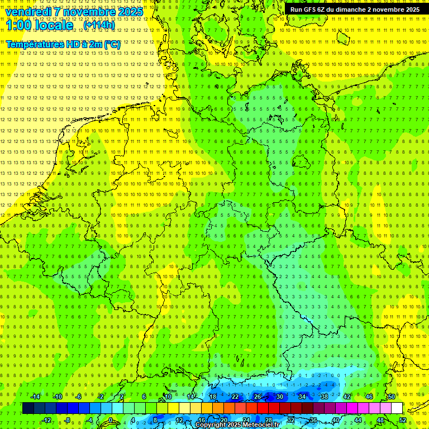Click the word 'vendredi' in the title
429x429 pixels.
click(x=29, y=12)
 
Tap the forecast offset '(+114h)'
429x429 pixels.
click(x=99, y=25)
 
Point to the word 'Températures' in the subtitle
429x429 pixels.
click(x=34, y=44)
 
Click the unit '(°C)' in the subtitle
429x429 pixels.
click(x=112, y=44)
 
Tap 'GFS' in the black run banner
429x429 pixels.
click(x=311, y=9)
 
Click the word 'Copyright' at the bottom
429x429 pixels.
click(x=211, y=425)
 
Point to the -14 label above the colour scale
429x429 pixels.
click(x=36, y=397)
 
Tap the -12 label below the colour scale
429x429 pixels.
click(x=47, y=420)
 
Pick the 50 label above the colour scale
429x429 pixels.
click(x=391, y=397)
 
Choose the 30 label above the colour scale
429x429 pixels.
click(x=279, y=397)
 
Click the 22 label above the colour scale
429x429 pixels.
click(x=235, y=397)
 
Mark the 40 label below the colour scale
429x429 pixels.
click(x=336, y=420)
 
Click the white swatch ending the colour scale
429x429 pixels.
click(x=397, y=408)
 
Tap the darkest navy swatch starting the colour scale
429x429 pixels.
click(x=28, y=408)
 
